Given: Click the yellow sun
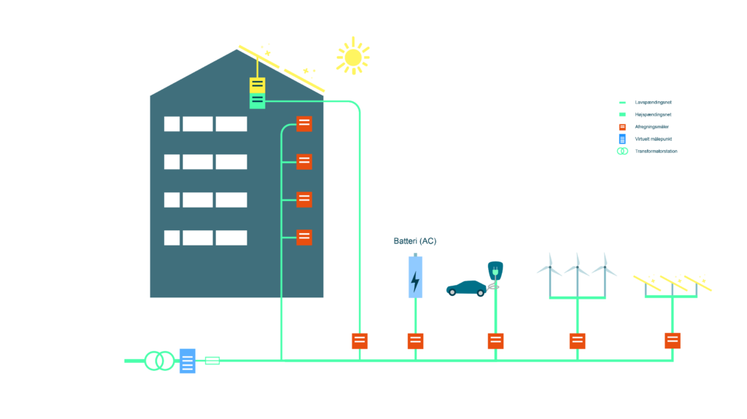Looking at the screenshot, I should tap(353, 57).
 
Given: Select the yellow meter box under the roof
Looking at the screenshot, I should tap(258, 85).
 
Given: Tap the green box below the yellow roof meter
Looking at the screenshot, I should tap(258, 101).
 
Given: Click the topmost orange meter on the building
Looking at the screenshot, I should tap(304, 124).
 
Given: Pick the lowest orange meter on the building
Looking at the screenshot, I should tap(304, 238).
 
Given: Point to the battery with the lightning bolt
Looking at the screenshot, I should tap(415, 277).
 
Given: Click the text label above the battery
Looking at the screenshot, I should tap(415, 241).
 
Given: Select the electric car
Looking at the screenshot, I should tap(466, 288).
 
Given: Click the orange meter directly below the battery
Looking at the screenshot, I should tap(415, 341).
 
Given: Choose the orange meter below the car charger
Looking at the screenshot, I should tap(495, 341).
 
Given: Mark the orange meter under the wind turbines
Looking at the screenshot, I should tap(577, 341).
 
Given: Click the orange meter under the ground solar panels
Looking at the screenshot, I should tap(673, 340).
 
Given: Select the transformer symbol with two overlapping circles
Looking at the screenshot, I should tap(159, 361).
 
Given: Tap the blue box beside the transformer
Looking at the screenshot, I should tap(187, 361).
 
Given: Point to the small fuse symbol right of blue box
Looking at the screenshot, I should tap(212, 361).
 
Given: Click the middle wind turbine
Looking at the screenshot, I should tap(577, 270).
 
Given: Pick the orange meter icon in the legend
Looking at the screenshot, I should tap(622, 127).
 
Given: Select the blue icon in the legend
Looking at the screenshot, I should tap(622, 138).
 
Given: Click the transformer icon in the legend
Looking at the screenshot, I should tap(622, 151).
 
